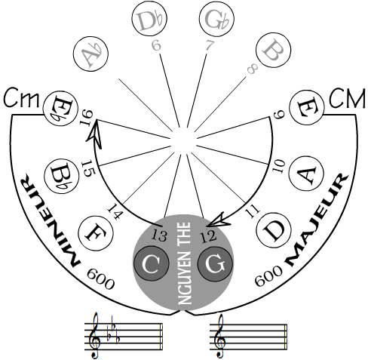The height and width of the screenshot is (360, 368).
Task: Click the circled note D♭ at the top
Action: pyautogui.click(x=149, y=19)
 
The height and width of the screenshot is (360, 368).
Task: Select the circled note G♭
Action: pyautogui.click(x=216, y=19)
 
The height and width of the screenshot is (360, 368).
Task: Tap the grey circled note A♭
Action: pyautogui.click(x=90, y=54)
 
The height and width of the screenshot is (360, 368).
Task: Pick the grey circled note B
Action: pyautogui.click(x=273, y=50)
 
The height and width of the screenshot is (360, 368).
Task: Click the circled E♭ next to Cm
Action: pyautogui.click(x=60, y=109)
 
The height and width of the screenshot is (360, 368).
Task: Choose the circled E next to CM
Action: pyautogui.click(x=307, y=107)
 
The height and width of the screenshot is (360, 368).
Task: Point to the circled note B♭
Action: pyautogui.click(x=62, y=176)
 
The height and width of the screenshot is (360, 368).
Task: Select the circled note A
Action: pyautogui.click(x=306, y=174)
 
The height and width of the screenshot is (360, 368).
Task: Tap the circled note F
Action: pyautogui.click(x=96, y=233)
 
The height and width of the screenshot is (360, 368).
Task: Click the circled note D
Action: pyautogui.click(x=274, y=230)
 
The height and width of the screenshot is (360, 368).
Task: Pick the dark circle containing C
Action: pyautogui.click(x=151, y=263)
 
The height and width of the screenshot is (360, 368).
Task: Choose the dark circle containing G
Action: pyautogui.click(x=215, y=263)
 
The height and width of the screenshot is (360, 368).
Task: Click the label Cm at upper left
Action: pyautogui.click(x=22, y=99)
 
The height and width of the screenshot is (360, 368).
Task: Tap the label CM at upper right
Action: pyautogui.click(x=347, y=99)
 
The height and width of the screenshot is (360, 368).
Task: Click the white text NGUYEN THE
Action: pyautogui.click(x=185, y=263)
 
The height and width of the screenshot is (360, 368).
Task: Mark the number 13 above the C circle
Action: pyautogui.click(x=159, y=235)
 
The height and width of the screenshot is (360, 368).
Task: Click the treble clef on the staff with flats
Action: pyautogui.click(x=95, y=335)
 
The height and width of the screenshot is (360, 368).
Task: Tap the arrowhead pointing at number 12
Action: pyautogui.click(x=216, y=220)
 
